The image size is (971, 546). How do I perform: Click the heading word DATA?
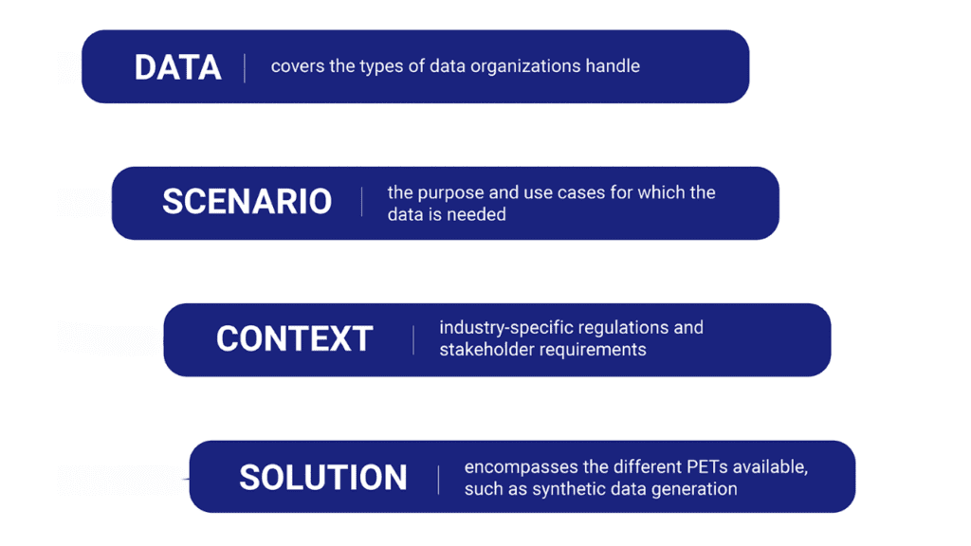pyautogui.click(x=177, y=67)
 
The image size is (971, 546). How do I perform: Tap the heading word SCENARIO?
pyautogui.click(x=247, y=201)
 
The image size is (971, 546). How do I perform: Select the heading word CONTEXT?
pyautogui.click(x=294, y=338)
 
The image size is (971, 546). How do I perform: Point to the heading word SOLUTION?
pyautogui.click(x=323, y=478)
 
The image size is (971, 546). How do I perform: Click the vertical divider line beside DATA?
pyautogui.click(x=245, y=67)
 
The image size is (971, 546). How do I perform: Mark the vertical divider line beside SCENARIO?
pyautogui.click(x=361, y=202)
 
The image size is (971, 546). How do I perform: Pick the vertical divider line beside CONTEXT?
pyautogui.click(x=413, y=340)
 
